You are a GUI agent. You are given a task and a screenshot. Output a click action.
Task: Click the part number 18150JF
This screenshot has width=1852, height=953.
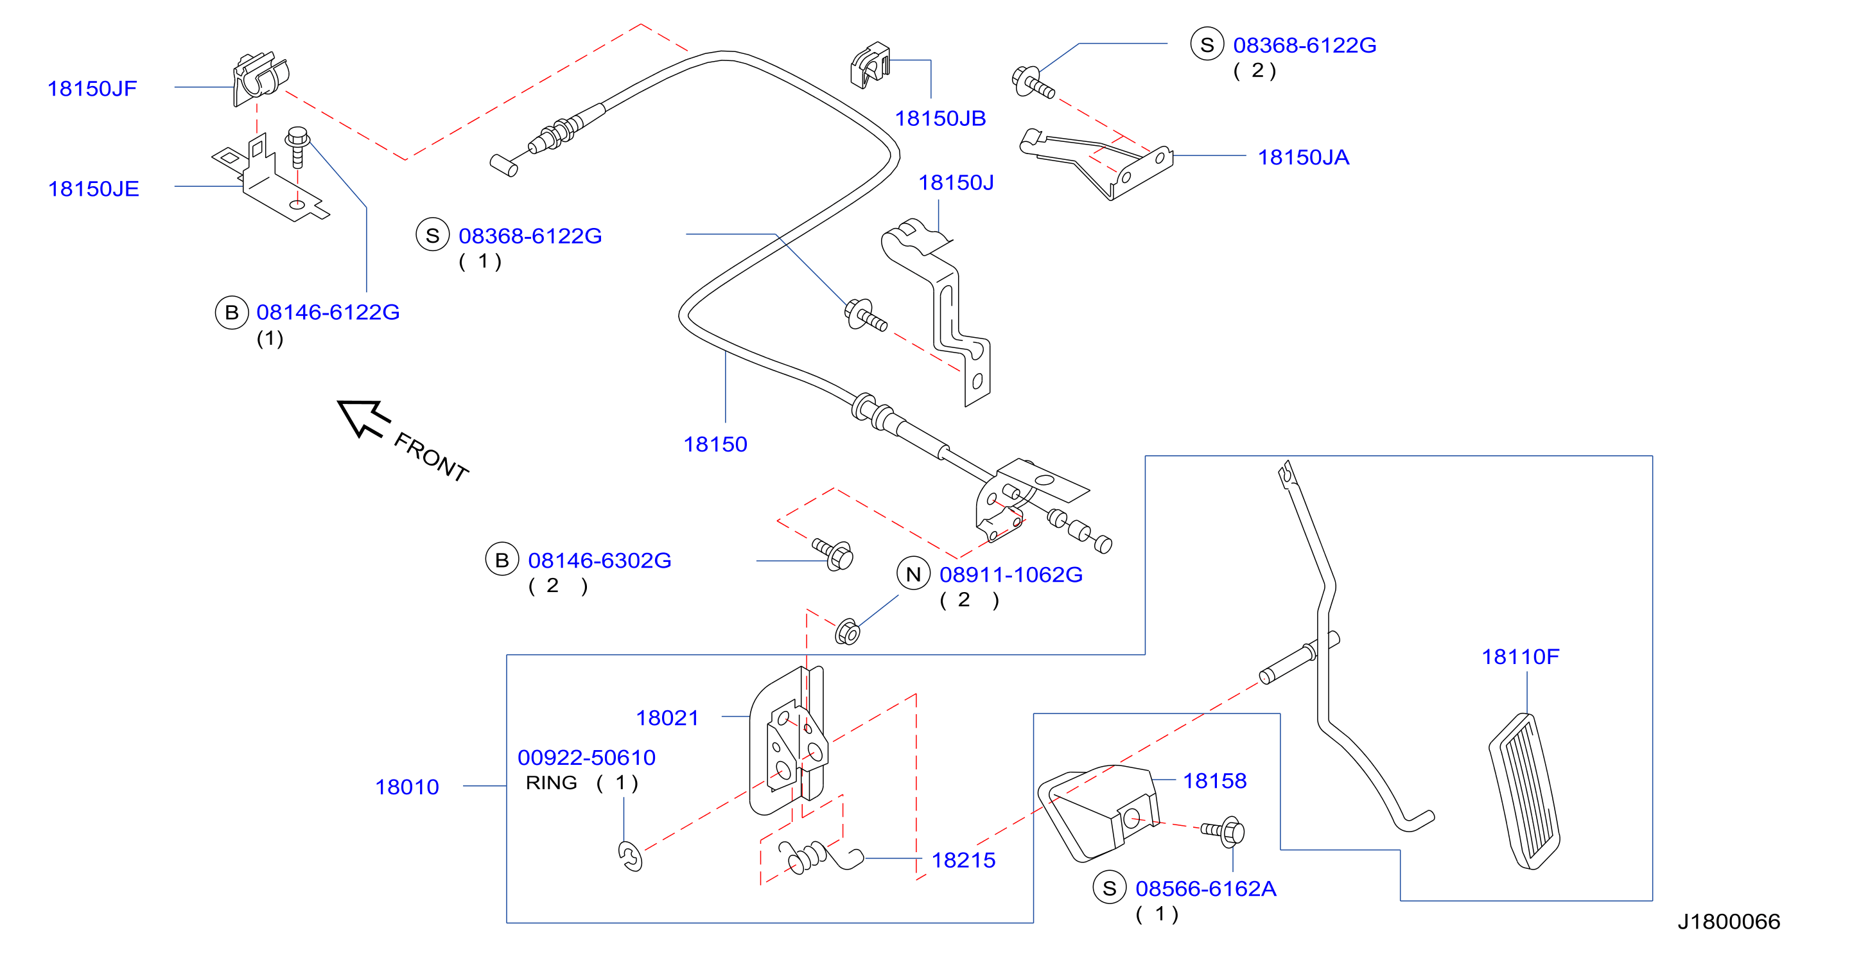(92, 89)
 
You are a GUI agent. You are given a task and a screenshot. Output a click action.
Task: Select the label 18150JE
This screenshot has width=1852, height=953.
(94, 189)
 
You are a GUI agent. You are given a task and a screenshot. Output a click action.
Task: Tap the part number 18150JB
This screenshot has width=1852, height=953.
(940, 119)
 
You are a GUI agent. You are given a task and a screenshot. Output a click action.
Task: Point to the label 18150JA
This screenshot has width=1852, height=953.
(1304, 157)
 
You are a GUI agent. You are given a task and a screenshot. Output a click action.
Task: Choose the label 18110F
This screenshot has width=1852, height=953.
(1521, 656)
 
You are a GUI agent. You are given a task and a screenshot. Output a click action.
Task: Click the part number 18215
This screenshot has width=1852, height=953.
(963, 861)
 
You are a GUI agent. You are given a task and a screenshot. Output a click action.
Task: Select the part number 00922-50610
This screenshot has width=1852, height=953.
(587, 758)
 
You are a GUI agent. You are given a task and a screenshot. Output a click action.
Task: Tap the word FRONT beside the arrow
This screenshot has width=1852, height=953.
(432, 457)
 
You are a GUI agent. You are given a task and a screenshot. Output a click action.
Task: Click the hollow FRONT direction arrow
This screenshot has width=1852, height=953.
(363, 418)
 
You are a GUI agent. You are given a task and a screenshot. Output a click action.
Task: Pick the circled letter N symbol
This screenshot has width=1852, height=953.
(914, 574)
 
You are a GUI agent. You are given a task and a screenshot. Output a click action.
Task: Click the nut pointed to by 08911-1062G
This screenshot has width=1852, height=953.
(848, 632)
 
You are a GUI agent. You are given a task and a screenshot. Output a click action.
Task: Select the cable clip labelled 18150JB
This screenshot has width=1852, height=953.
(870, 66)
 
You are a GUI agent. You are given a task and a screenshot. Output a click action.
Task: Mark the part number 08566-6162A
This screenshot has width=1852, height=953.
(1206, 889)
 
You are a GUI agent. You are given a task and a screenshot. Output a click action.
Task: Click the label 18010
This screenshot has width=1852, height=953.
(407, 787)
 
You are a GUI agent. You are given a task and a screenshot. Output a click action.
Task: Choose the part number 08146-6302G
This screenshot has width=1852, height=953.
(600, 561)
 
